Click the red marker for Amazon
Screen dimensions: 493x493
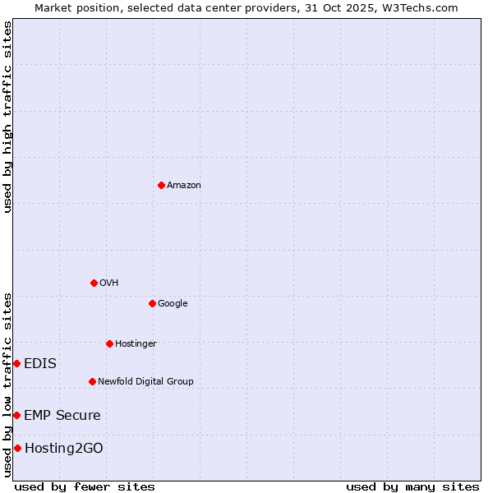161,185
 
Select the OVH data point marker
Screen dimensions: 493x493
94,283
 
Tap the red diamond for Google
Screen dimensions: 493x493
152,303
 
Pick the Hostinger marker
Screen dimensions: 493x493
109,343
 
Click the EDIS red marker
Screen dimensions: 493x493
16,363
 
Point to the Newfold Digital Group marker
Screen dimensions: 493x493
92,381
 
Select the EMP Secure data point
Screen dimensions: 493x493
16,415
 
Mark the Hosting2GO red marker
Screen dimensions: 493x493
17,448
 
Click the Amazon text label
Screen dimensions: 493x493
184,185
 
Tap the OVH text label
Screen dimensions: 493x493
109,283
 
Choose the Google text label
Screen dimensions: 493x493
173,303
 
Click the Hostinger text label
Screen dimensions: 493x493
136,343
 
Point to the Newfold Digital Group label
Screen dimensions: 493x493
145,381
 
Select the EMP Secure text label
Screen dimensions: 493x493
62,415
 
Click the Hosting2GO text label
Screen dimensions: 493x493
64,448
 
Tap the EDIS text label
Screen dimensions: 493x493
40,363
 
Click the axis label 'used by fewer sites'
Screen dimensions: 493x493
85,486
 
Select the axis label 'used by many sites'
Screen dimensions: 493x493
412,486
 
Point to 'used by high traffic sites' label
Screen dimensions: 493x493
7,117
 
